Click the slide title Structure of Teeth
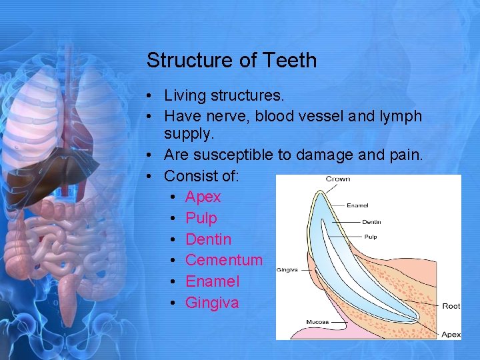pyautogui.click(x=231, y=60)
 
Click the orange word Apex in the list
pyautogui.click(x=203, y=197)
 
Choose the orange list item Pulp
pyautogui.click(x=201, y=218)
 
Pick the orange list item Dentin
pyautogui.click(x=208, y=239)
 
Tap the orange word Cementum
pyautogui.click(x=223, y=260)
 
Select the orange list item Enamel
pyautogui.click(x=212, y=281)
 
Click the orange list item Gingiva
pyautogui.click(x=211, y=303)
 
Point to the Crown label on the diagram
pyautogui.click(x=338, y=179)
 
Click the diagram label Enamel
pyautogui.click(x=357, y=205)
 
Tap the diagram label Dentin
pyautogui.click(x=372, y=221)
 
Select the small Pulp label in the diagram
pyautogui.click(x=370, y=237)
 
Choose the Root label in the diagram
pyautogui.click(x=451, y=306)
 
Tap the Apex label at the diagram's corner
pyautogui.click(x=451, y=333)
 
